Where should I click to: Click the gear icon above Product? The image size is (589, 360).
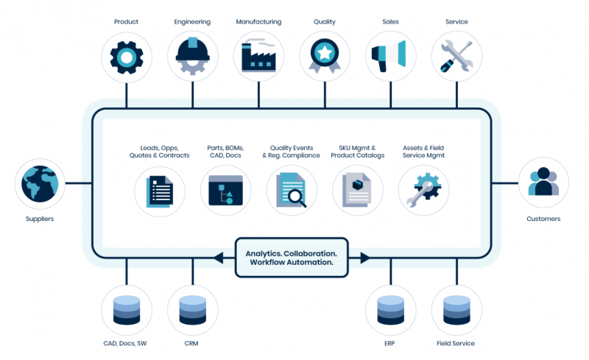tap(126, 57)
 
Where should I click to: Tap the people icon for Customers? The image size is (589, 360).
tap(543, 182)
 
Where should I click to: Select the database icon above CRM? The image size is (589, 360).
tap(192, 310)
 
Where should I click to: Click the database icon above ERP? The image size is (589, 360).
tap(390, 310)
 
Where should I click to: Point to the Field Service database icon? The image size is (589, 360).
tap(456, 310)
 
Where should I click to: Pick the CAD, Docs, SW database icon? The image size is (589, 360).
tap(126, 310)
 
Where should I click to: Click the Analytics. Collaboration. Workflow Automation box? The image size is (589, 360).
tap(291, 258)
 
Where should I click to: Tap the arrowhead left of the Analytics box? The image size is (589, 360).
tap(218, 258)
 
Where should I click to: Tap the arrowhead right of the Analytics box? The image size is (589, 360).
tap(364, 258)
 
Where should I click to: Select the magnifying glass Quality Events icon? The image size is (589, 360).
tap(292, 190)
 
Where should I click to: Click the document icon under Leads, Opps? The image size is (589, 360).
tap(159, 190)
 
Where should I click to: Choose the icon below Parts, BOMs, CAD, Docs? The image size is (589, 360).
tap(225, 190)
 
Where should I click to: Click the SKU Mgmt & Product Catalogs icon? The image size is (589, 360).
tap(358, 190)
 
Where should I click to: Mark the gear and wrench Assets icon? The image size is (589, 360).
tap(423, 190)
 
